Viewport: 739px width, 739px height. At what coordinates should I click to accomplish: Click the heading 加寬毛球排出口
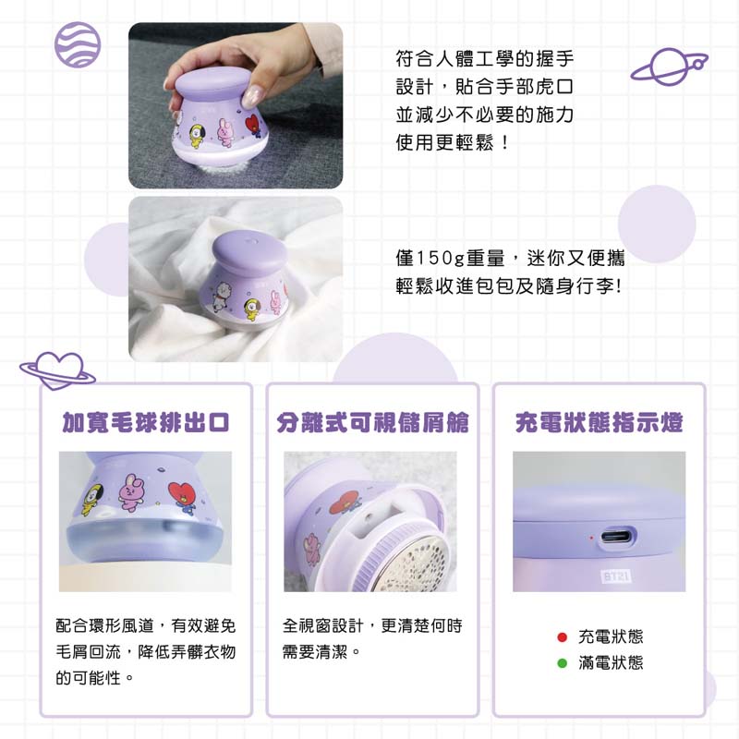[146, 422]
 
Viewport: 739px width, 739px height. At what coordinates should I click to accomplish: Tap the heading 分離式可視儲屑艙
[372, 422]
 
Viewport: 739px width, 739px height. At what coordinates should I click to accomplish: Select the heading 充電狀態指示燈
[599, 422]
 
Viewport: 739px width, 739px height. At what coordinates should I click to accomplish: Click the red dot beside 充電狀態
[562, 637]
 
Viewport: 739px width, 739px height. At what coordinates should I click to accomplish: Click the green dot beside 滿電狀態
[562, 663]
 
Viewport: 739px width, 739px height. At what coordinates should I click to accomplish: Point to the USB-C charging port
[618, 538]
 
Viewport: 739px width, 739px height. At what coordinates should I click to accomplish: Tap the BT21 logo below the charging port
[616, 575]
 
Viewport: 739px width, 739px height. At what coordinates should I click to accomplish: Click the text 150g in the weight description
[441, 259]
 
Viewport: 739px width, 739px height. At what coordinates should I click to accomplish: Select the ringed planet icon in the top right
[669, 67]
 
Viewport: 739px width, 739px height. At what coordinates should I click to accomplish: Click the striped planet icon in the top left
[78, 44]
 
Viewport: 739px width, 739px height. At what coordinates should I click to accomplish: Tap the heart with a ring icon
[57, 371]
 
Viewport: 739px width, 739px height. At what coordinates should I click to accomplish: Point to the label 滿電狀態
[611, 663]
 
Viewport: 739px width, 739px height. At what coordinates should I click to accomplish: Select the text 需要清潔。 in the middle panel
[321, 652]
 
